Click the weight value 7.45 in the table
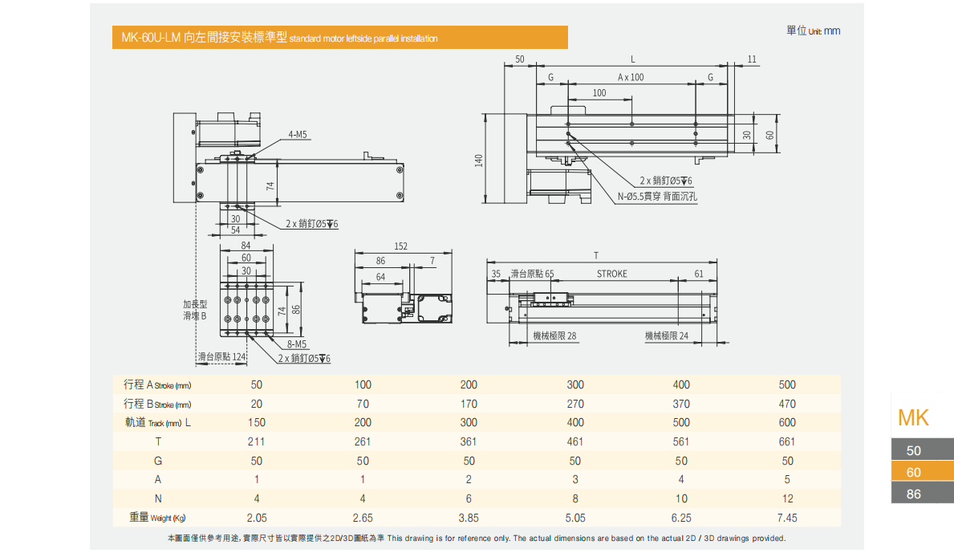coord(787,518)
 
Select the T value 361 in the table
coord(469,441)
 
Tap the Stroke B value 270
coord(575,404)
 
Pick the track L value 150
coord(257,422)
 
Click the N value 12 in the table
coord(787,498)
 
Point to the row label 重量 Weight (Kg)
coord(160,518)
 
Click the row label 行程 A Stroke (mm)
coord(157,384)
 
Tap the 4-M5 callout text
coord(298,135)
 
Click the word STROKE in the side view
coord(612,274)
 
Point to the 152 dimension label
coord(401,246)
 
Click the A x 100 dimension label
coord(631,77)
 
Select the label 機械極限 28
coord(555,336)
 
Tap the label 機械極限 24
coord(667,336)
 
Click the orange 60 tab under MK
coord(914,472)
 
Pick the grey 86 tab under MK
coord(914,494)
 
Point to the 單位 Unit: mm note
coord(813,30)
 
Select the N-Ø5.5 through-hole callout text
coord(657,196)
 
